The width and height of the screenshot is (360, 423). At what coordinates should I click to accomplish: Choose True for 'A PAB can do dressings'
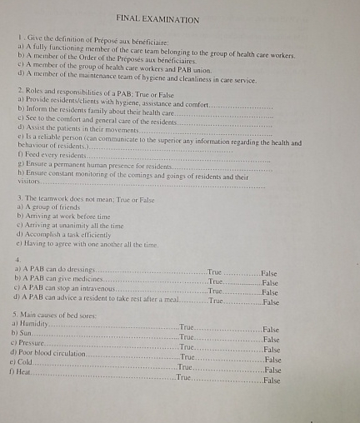tap(215, 272)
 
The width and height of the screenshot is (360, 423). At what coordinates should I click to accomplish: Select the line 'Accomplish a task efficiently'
tap(63, 235)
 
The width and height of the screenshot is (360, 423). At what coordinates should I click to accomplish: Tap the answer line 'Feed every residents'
tap(51, 156)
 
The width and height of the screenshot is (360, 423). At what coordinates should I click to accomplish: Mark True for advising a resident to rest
tap(217, 301)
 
